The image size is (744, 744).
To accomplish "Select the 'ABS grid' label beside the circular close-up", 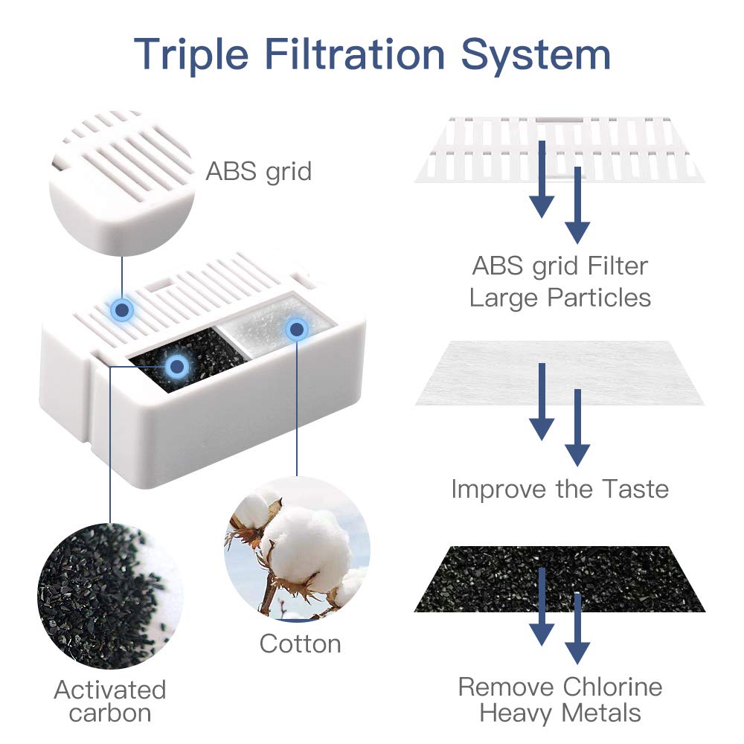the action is (x=259, y=172).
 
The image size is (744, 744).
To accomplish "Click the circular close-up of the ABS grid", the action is (x=122, y=183).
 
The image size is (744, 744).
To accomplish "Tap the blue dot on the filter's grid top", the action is (x=122, y=310).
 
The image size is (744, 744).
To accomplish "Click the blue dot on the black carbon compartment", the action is (x=177, y=366).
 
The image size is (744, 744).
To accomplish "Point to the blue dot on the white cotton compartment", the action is (x=297, y=329).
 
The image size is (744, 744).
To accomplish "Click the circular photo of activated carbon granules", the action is (x=110, y=596).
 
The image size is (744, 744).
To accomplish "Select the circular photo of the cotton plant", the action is (x=297, y=548).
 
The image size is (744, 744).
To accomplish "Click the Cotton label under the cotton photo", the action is (x=301, y=644).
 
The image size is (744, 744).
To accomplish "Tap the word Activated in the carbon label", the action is (x=110, y=690).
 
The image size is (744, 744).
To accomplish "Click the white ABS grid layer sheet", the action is (x=560, y=150).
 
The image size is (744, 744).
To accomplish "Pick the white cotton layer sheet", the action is (x=560, y=373).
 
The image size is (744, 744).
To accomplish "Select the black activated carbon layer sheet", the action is (x=560, y=579).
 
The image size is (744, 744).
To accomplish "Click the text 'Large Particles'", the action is (x=560, y=298).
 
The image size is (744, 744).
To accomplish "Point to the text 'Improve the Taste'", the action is (x=560, y=490).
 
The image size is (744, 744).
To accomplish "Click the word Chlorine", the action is (x=612, y=687).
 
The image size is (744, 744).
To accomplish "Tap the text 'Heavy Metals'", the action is (x=560, y=713).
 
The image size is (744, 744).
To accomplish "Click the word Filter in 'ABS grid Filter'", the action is (x=618, y=266).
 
